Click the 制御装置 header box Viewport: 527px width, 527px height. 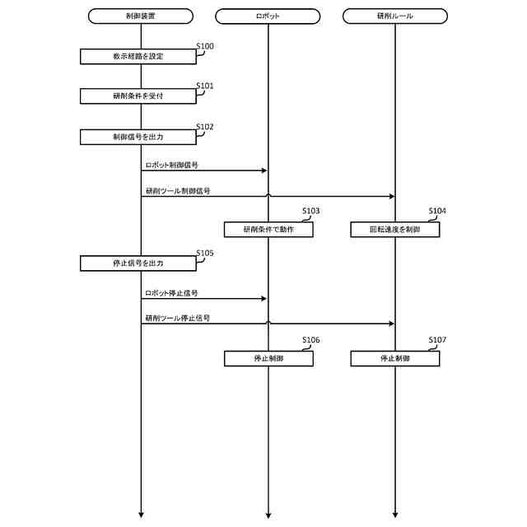pyautogui.click(x=140, y=16)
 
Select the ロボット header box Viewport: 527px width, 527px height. pyautogui.click(x=268, y=16)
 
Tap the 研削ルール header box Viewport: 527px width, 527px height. pyautogui.click(x=394, y=16)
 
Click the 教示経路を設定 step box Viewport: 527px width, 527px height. pyautogui.click(x=138, y=56)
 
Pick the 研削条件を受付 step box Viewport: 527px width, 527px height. pyautogui.click(x=138, y=96)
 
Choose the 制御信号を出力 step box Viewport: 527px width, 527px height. pyautogui.click(x=138, y=137)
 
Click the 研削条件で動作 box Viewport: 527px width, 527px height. pyautogui.click(x=268, y=230)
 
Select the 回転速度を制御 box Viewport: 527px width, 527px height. pyautogui.click(x=394, y=230)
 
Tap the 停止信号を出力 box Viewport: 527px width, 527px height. pyautogui.click(x=138, y=263)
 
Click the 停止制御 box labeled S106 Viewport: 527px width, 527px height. pyautogui.click(x=268, y=359)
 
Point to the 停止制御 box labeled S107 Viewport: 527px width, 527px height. pyautogui.click(x=394, y=359)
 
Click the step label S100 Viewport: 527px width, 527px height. pyautogui.click(x=204, y=46)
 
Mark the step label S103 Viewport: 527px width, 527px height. pyautogui.click(x=310, y=212)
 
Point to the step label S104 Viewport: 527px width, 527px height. pyautogui.click(x=437, y=212)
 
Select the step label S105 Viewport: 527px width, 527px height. pyautogui.click(x=204, y=254)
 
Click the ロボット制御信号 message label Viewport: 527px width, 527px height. pyautogui.click(x=171, y=165)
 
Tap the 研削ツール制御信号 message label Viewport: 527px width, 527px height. pyautogui.click(x=177, y=190)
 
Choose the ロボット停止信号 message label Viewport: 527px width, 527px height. pyautogui.click(x=171, y=292)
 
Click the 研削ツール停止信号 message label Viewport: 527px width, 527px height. pyautogui.click(x=177, y=318)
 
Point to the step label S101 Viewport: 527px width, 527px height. pyautogui.click(x=204, y=86)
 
